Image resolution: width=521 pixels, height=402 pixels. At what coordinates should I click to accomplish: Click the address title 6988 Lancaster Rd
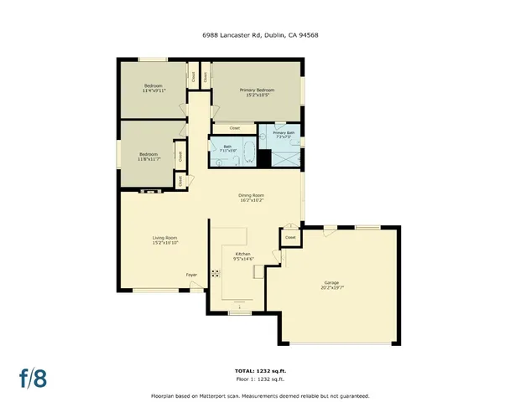tap(260, 35)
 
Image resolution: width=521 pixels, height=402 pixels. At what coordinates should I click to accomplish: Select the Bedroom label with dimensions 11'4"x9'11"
tap(153, 88)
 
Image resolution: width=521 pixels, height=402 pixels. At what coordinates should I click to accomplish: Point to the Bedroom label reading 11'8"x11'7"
tap(148, 157)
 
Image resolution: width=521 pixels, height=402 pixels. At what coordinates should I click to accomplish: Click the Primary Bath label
tap(283, 134)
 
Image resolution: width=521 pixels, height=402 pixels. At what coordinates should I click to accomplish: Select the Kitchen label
tap(242, 256)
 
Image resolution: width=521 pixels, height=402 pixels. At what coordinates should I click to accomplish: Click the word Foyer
tap(191, 274)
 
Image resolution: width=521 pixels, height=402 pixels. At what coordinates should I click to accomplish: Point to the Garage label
tap(331, 285)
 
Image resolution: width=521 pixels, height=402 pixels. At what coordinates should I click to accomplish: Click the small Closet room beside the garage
tap(290, 238)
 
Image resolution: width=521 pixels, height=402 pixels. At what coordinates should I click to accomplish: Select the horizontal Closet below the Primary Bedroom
tap(234, 128)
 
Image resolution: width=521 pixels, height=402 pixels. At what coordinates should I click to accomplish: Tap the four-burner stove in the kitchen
tap(216, 273)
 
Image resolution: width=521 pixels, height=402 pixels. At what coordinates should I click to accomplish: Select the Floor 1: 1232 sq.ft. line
tap(260, 379)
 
